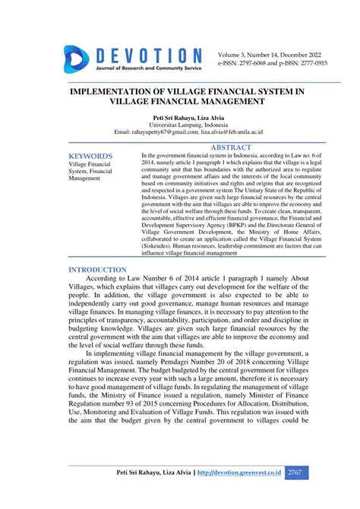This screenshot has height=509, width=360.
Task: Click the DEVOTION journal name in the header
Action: point(147,55)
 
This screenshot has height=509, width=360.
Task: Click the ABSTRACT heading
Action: point(230,147)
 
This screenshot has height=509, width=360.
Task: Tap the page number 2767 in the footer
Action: point(296,473)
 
